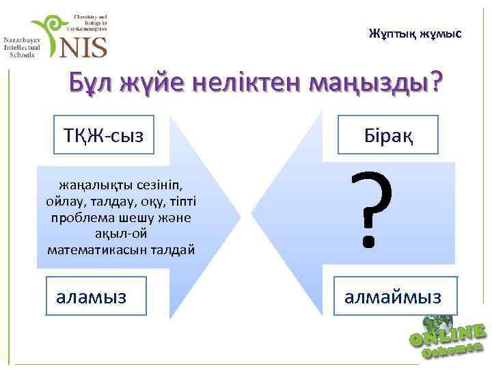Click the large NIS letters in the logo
(84, 46)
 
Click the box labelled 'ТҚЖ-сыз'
(104, 135)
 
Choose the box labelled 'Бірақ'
(387, 135)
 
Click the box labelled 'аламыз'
(96, 296)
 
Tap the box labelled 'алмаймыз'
(392, 297)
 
